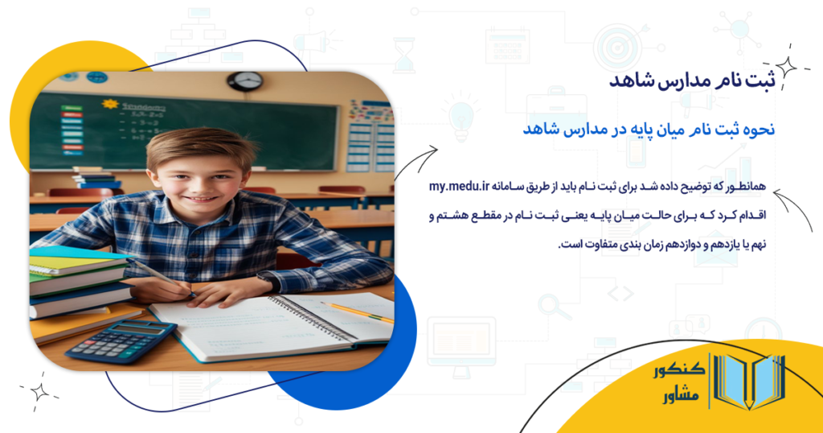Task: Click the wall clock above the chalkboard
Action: (245, 80)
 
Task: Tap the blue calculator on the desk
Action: (121, 340)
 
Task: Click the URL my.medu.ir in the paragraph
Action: (461, 188)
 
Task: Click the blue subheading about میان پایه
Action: (648, 129)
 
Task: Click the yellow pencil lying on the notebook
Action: (358, 311)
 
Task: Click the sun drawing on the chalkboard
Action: (110, 105)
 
